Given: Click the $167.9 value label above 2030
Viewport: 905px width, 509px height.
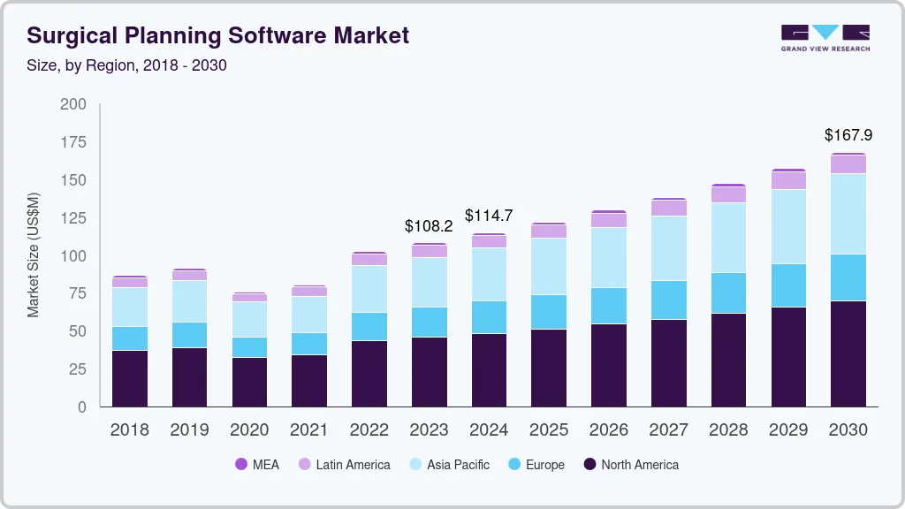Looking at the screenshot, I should (848, 135).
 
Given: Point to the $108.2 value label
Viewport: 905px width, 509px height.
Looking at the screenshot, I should (429, 225).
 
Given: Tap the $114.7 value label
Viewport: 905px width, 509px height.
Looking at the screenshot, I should (489, 216).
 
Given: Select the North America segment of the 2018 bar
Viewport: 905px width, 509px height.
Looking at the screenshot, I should (130, 378).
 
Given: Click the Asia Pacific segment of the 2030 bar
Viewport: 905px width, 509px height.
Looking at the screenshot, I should (848, 214).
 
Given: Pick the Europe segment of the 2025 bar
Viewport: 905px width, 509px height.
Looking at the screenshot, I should (549, 312).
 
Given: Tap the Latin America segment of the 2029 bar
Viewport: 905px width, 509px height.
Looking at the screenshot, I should (788, 180).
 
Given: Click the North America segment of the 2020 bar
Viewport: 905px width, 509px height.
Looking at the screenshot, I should (249, 382).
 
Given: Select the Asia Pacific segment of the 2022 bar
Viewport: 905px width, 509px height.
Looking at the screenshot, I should (369, 289).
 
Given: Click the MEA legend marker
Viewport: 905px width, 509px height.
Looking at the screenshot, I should (241, 465).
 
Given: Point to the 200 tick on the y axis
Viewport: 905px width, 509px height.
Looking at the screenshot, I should (73, 104).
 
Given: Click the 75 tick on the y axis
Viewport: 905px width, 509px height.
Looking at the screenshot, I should (77, 293).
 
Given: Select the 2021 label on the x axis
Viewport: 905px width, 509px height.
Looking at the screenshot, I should (309, 430).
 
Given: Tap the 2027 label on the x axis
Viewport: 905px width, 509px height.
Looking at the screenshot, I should (669, 430).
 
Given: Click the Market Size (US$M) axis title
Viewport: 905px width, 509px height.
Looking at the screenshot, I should (34, 255).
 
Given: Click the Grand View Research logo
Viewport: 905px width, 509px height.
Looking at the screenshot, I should (825, 37).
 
